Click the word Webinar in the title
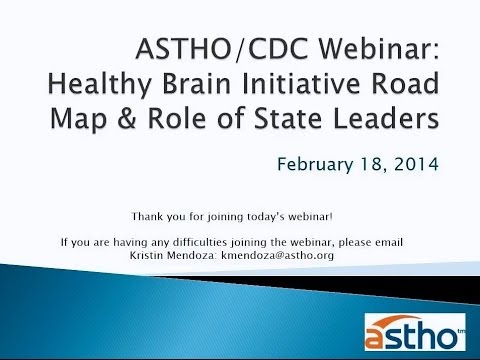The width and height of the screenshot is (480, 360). point(379,49)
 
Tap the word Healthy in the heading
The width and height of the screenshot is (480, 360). point(100,85)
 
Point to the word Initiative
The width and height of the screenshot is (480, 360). point(301,83)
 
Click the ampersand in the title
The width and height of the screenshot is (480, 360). point(127,118)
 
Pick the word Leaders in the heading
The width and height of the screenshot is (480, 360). point(386,118)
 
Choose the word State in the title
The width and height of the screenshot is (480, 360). point(288,118)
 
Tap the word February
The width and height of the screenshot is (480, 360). point(315,165)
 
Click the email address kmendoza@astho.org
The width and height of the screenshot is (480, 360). point(277,255)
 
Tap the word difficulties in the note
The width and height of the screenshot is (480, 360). point(200,242)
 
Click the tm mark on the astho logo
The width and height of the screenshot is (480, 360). point(461,331)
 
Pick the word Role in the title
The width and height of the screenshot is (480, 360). point(177,118)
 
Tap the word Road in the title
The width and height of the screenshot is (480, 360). point(405,83)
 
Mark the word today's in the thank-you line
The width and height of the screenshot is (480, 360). point(266,217)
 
